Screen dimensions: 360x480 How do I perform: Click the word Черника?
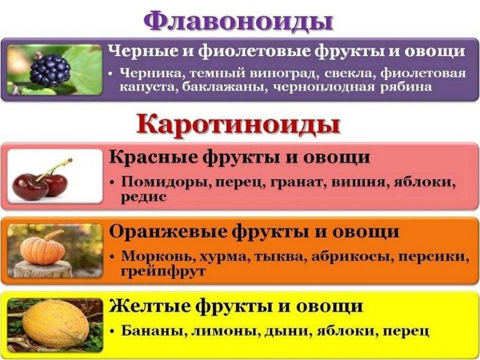[x=149, y=74]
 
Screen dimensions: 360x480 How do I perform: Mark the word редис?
[x=144, y=196]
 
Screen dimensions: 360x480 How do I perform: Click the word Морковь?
[x=152, y=257]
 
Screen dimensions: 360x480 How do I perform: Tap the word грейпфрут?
[x=163, y=271]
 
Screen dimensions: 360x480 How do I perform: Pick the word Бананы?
[x=148, y=329]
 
